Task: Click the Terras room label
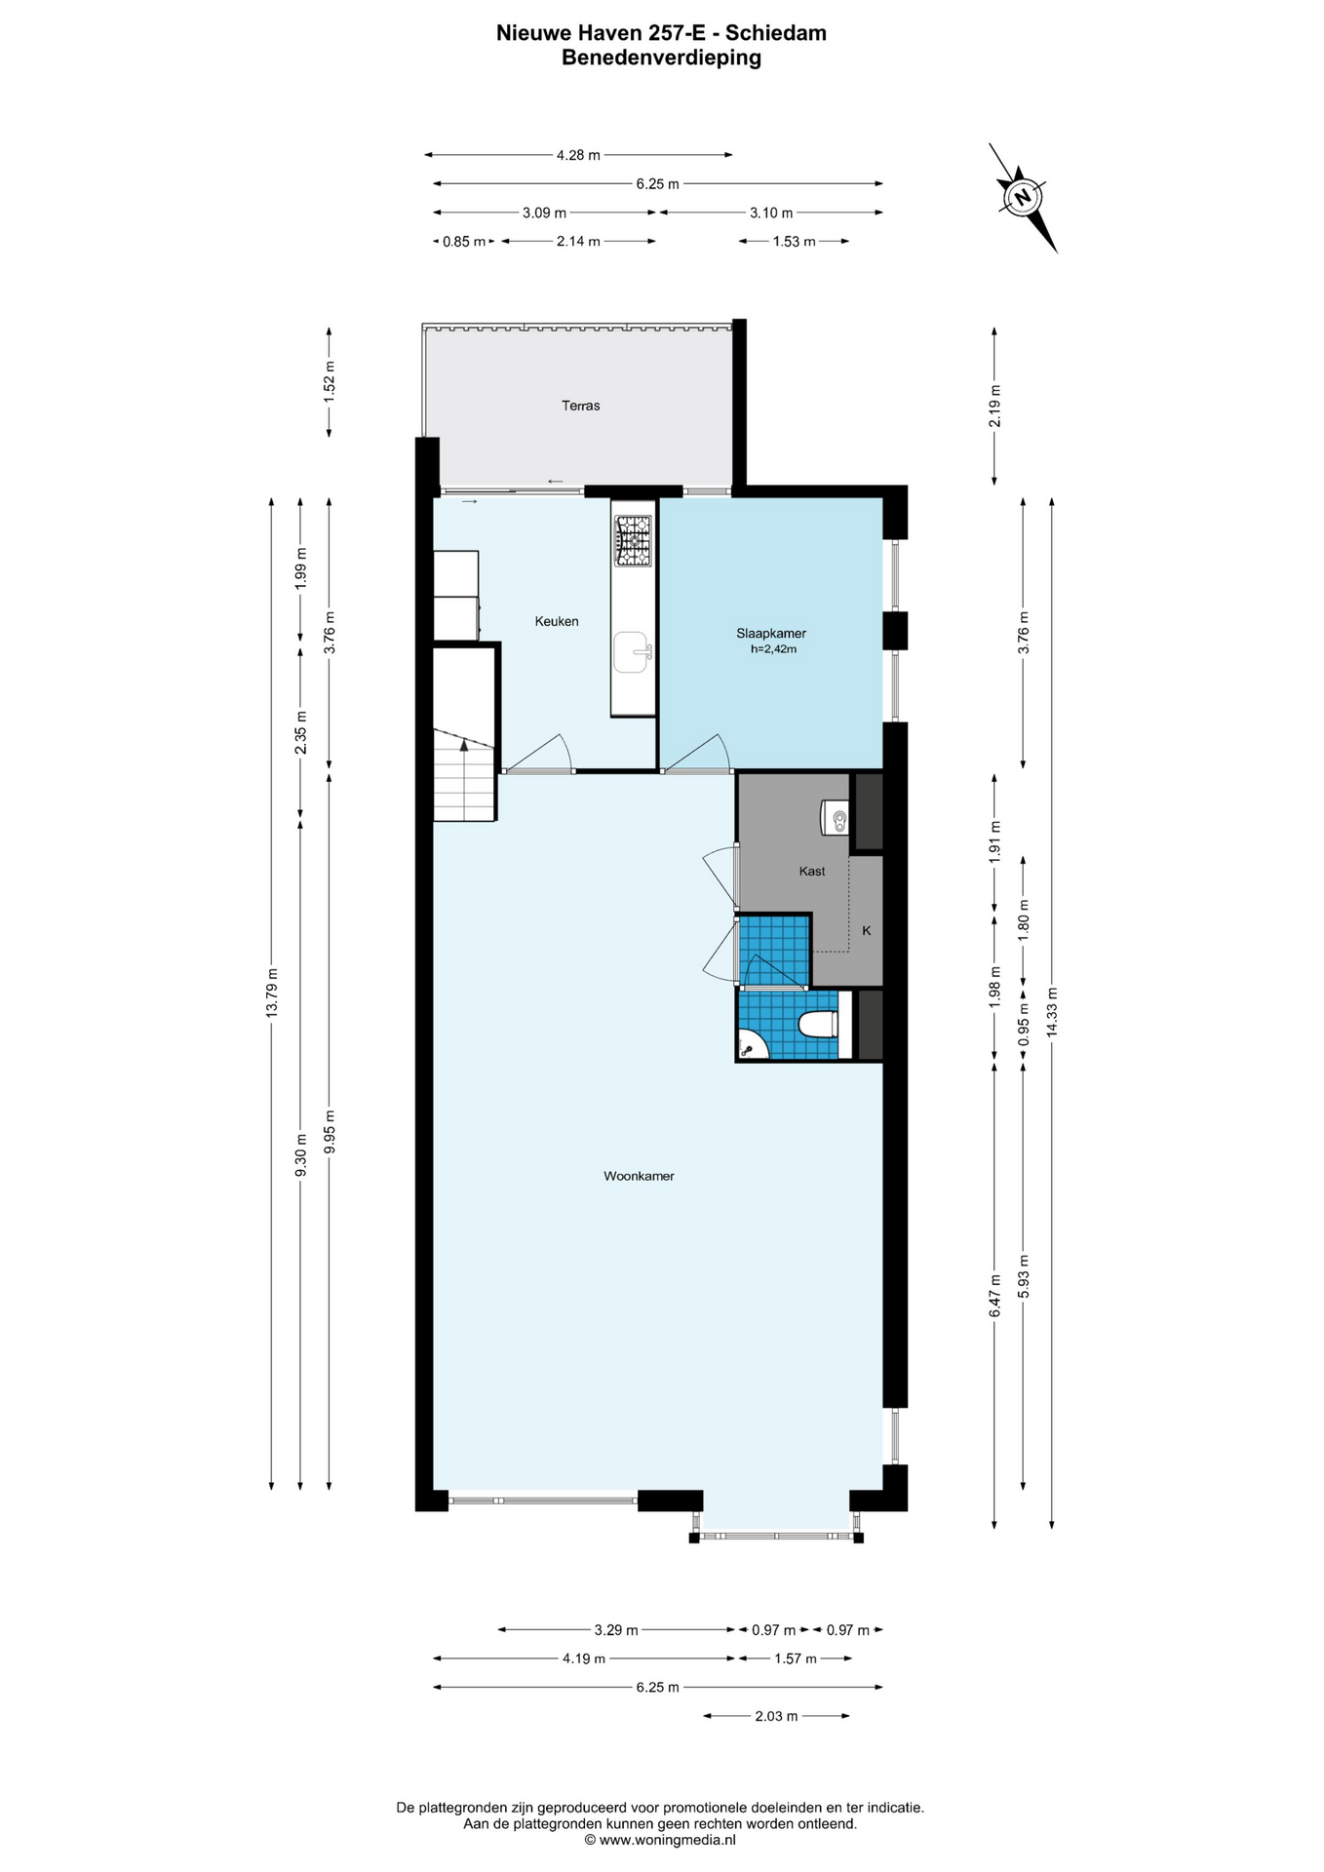click(580, 406)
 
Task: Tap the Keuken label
click(557, 621)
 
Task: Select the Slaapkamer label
click(771, 633)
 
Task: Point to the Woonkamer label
click(639, 1176)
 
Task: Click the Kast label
click(812, 871)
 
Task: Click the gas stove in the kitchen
click(632, 541)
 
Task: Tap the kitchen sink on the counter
click(633, 652)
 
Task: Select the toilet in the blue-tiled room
click(817, 1025)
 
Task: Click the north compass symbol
click(1023, 197)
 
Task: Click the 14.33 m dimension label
click(1051, 1014)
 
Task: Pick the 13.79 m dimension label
click(271, 994)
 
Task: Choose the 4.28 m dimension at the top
click(578, 154)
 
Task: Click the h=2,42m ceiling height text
click(773, 648)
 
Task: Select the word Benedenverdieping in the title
click(661, 58)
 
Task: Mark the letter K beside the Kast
click(867, 930)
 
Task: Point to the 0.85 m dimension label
click(463, 242)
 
